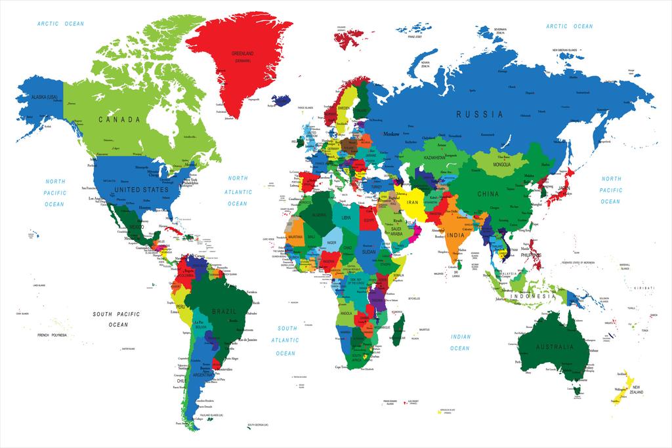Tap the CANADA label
point(119,119)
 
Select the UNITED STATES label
point(141,190)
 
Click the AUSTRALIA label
point(555,346)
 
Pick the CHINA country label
point(488,194)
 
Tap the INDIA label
point(457,235)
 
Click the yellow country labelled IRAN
point(413,203)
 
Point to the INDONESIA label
point(534,296)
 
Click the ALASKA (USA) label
point(41,98)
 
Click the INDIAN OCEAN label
point(460,342)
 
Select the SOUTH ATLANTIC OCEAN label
point(286,340)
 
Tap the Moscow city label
point(392,134)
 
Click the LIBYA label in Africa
point(345,216)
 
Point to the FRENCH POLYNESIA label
point(52,335)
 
